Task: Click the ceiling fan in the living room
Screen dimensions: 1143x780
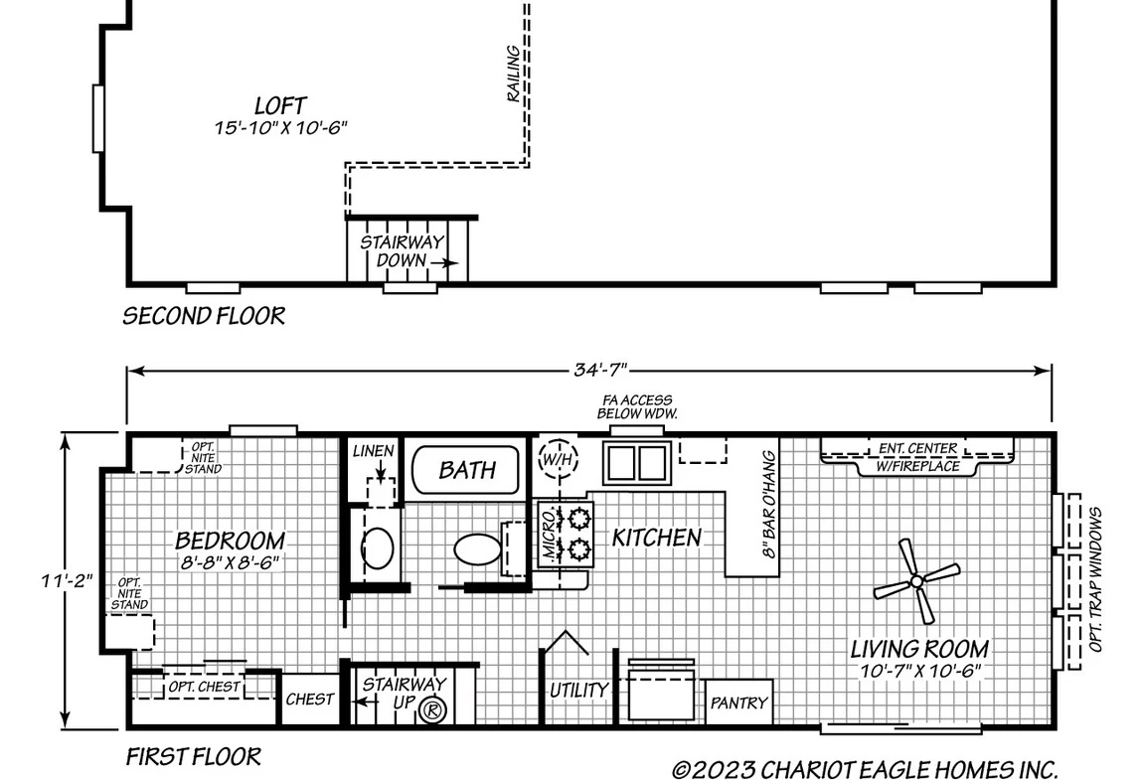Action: pyautogui.click(x=916, y=581)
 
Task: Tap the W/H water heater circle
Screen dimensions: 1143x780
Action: pyautogui.click(x=559, y=459)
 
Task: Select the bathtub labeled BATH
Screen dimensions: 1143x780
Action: pyautogui.click(x=466, y=470)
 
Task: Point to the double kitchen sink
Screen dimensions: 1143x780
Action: pyautogui.click(x=637, y=463)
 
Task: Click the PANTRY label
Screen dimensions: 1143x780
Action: pyautogui.click(x=739, y=702)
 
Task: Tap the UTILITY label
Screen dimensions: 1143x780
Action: pyautogui.click(x=578, y=690)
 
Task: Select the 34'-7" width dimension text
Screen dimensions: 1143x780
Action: pyautogui.click(x=600, y=371)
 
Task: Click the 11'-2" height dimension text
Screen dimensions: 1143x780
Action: pyautogui.click(x=67, y=580)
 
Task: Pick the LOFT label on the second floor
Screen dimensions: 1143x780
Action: pyautogui.click(x=280, y=105)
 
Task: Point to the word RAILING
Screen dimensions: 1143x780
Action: pyautogui.click(x=513, y=74)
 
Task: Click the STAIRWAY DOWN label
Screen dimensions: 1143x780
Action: pyautogui.click(x=403, y=250)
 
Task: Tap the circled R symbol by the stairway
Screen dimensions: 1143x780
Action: pyautogui.click(x=432, y=709)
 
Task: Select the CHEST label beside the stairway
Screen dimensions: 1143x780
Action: pyautogui.click(x=310, y=700)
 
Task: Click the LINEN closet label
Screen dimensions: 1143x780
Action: pyautogui.click(x=374, y=451)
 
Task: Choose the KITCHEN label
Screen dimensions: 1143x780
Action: pyautogui.click(x=656, y=538)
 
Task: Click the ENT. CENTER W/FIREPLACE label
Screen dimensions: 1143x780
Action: pyautogui.click(x=917, y=457)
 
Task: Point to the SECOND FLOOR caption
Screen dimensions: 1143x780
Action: pyautogui.click(x=204, y=316)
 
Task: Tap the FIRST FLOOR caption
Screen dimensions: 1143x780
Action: pyautogui.click(x=194, y=757)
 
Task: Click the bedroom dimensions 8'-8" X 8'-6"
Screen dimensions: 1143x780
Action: pyautogui.click(x=230, y=562)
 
